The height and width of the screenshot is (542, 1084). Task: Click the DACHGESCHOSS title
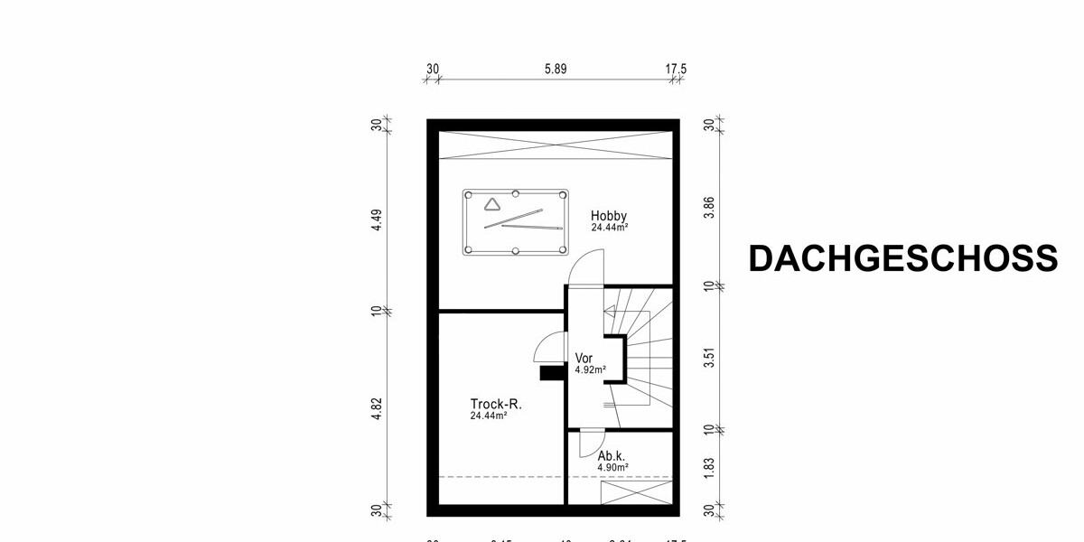(902, 259)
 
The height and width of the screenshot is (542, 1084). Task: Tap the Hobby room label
(609, 216)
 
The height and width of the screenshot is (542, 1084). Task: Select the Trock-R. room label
(496, 404)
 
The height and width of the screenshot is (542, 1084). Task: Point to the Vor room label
(584, 358)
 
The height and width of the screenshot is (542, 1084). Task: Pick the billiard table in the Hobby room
(516, 222)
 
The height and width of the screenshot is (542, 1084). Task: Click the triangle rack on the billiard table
(491, 204)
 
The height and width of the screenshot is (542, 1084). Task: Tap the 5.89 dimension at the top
(555, 69)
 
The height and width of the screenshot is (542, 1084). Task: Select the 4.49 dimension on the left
(378, 220)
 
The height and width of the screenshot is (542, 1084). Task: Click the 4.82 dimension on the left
(378, 408)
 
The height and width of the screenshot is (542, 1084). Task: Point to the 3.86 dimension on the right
(710, 207)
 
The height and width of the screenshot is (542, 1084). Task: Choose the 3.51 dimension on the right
(710, 358)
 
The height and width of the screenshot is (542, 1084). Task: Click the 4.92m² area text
(590, 369)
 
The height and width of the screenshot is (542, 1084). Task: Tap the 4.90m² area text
(612, 468)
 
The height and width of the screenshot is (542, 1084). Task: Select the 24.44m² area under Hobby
(610, 228)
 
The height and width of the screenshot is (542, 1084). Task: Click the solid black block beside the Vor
(551, 372)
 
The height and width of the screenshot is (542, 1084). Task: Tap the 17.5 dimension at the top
(677, 69)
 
